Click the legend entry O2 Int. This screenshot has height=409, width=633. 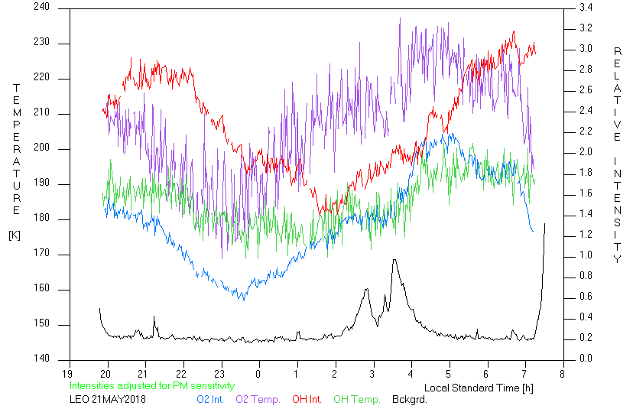click(210, 400)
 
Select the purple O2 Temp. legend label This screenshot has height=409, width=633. click(258, 400)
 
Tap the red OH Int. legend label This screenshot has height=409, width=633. click(307, 400)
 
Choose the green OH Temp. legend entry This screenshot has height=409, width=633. click(357, 400)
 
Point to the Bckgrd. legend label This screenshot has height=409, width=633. click(409, 400)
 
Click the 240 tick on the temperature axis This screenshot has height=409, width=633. click(41, 7)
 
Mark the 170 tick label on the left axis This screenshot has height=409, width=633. click(41, 253)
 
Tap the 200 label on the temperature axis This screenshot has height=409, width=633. click(41, 148)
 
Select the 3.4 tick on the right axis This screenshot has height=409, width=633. click(586, 8)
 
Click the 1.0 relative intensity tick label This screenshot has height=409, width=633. click(586, 255)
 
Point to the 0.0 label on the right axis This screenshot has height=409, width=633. click(586, 358)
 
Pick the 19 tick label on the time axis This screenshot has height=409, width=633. click(67, 374)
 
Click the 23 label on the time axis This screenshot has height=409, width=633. click(219, 374)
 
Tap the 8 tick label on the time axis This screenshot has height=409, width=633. click(563, 374)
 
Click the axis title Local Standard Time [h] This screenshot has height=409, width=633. click(479, 388)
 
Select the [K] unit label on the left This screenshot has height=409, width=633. click(15, 235)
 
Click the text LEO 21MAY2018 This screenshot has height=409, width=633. click(108, 400)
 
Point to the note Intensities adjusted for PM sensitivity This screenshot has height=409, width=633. click(152, 386)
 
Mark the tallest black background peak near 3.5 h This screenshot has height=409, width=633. click(394, 260)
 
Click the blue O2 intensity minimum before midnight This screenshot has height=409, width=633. click(244, 300)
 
